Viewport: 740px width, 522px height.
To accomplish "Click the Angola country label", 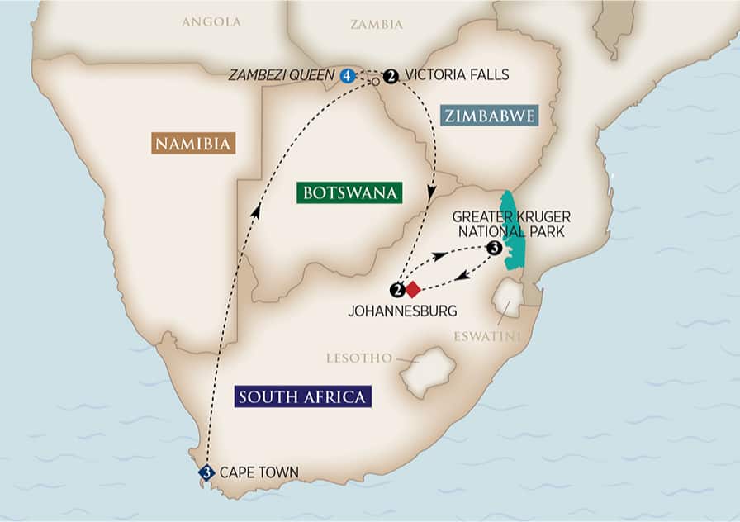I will coord(211,22).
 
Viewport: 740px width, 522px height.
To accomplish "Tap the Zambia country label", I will coord(377,24).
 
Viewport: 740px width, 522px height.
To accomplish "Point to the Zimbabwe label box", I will coord(489,115).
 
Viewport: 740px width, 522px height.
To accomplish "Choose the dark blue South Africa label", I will coord(301,396).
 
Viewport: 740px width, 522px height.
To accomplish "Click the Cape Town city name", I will coord(259,473).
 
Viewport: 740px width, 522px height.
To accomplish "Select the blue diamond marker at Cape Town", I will coord(206,473).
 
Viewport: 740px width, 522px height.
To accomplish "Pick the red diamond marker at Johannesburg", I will coord(412,289).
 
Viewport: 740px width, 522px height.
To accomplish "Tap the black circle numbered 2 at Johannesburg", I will coord(398,289).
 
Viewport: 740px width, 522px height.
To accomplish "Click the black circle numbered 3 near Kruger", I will coord(494,248).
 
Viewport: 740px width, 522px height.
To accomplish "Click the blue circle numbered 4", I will coord(347,76).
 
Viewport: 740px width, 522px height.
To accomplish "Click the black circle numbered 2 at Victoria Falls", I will coord(391,76).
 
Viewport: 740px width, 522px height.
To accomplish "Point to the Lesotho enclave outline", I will coord(427,373).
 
